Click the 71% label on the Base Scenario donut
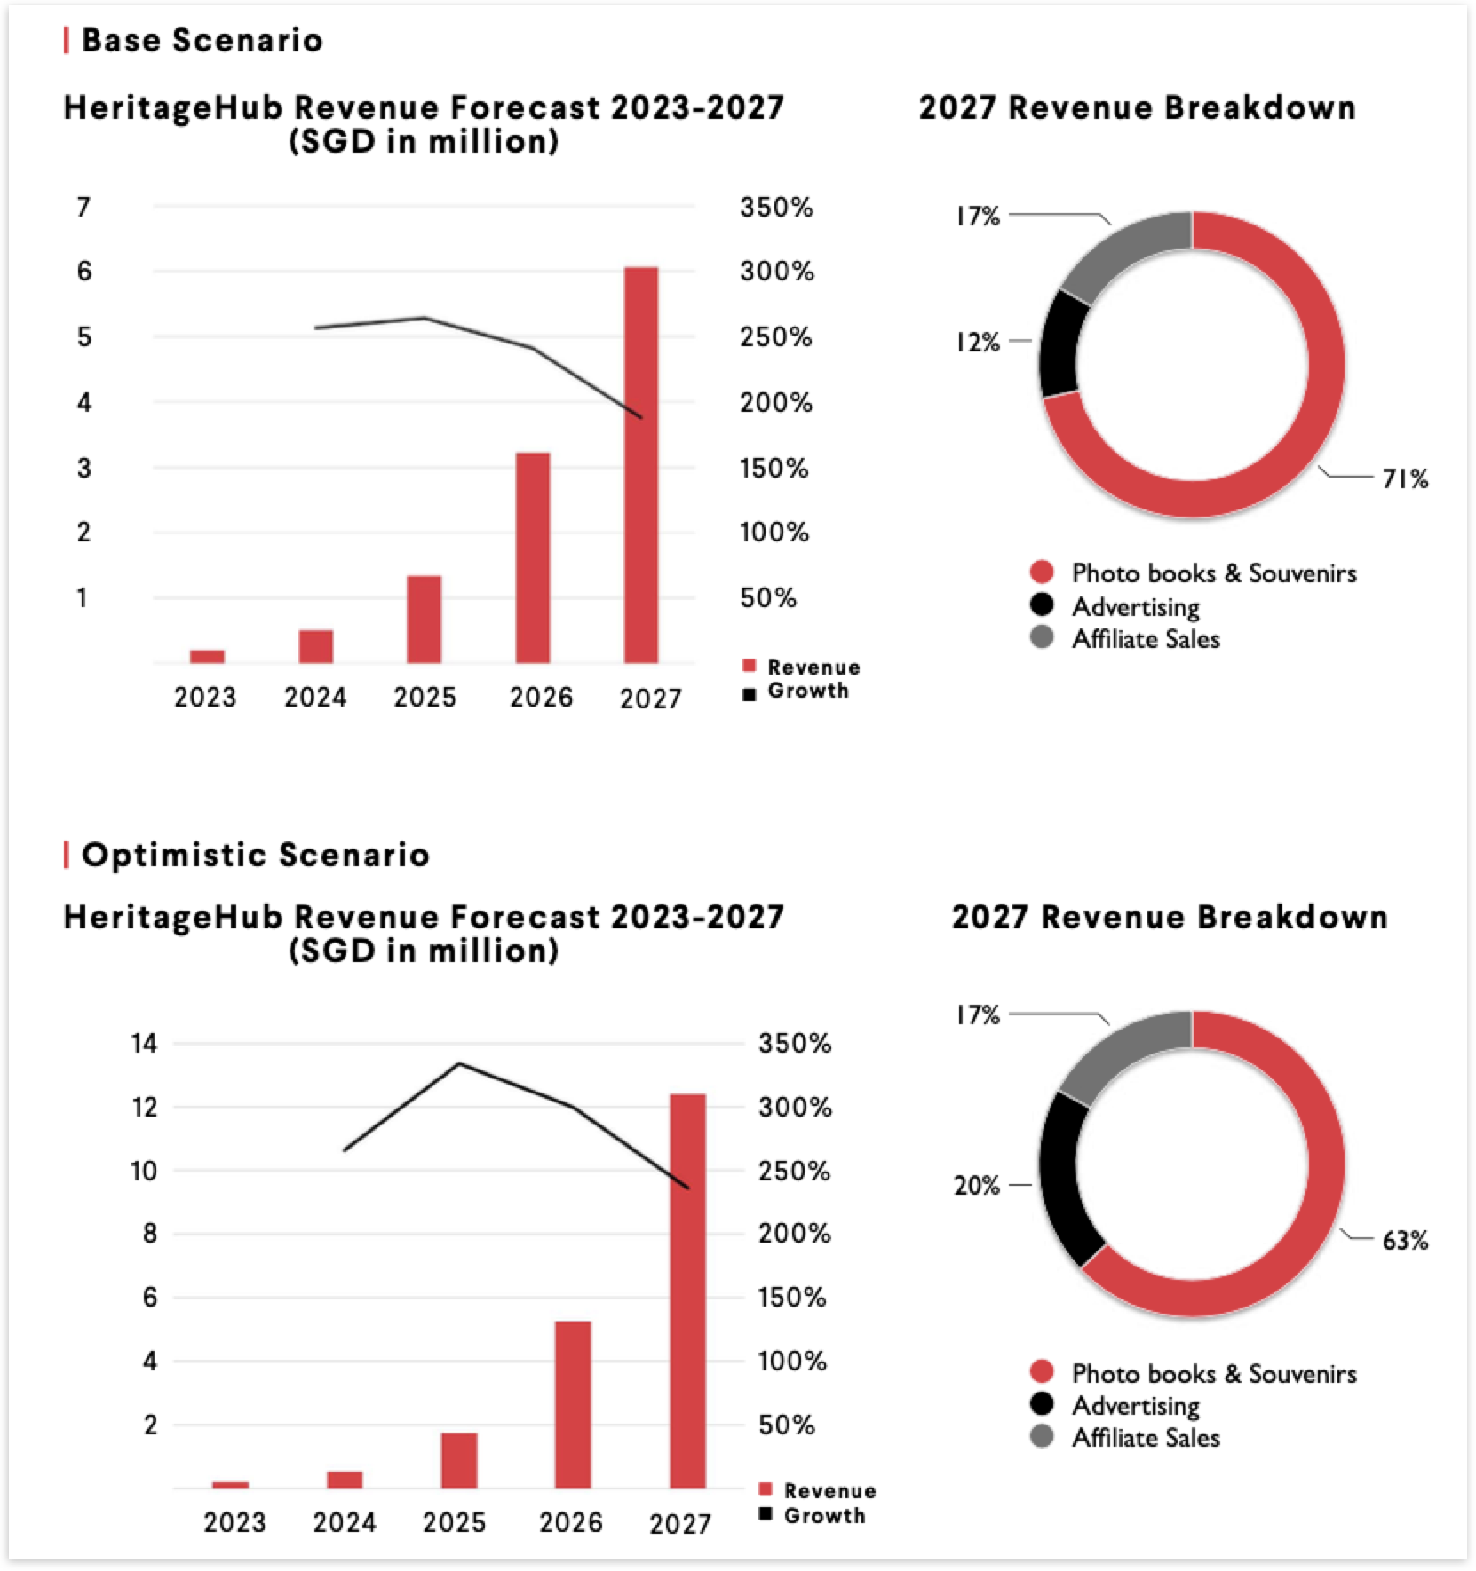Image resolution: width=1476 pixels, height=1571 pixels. (x=1404, y=479)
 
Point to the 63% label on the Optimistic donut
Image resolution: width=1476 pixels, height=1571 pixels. (x=1404, y=1240)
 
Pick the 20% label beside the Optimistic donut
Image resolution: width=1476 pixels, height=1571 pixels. (x=977, y=1186)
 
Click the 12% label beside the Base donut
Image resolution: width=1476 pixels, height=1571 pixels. (x=977, y=343)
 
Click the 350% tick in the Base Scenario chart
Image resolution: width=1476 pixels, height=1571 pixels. (x=776, y=208)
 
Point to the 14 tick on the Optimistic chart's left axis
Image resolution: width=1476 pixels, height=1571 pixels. (x=144, y=1044)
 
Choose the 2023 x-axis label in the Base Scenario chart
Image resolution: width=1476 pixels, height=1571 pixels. (x=205, y=698)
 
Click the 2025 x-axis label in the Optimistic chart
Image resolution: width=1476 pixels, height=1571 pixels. (x=454, y=1523)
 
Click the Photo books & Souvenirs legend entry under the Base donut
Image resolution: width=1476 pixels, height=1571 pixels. (x=1213, y=573)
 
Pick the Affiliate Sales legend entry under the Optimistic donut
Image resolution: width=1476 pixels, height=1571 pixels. (x=1146, y=1438)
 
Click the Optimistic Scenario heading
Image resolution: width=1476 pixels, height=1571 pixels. (x=255, y=855)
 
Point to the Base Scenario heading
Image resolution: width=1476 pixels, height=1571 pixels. (x=202, y=40)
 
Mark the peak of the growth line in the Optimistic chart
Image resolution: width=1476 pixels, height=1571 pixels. (x=458, y=1063)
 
